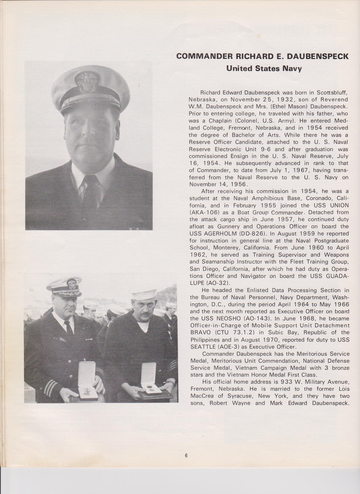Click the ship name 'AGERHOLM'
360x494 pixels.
[221, 233]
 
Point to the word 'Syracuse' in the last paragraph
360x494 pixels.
[238, 396]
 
